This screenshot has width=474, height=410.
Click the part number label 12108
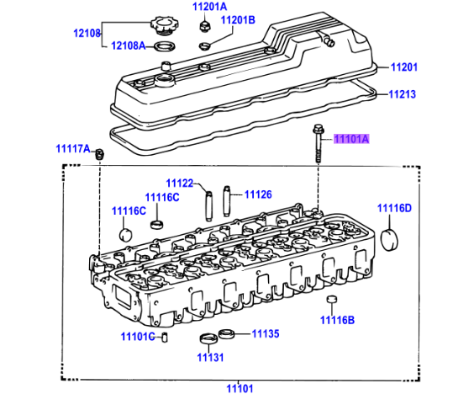[x=86, y=35]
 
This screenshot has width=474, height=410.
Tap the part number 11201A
[x=209, y=8]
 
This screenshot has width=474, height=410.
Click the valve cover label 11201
[x=403, y=67]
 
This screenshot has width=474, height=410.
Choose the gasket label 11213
[x=403, y=94]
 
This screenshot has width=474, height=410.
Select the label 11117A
[x=72, y=149]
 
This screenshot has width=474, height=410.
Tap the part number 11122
[x=179, y=183]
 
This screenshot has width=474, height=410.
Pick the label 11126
[x=258, y=194]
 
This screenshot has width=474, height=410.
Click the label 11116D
[x=393, y=208]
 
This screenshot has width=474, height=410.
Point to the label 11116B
[x=336, y=320]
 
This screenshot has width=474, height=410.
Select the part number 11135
[x=266, y=333]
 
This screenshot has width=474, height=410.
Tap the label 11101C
[x=137, y=338]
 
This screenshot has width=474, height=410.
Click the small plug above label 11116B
[x=331, y=301]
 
